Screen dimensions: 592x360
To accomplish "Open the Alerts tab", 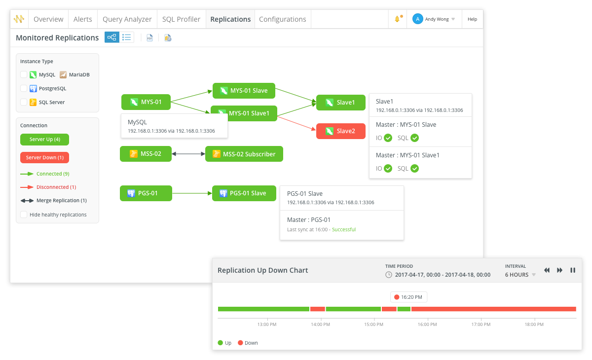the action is (83, 19).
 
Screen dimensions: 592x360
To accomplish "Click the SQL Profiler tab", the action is (182, 19).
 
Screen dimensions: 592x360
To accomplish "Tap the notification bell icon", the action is (397, 19).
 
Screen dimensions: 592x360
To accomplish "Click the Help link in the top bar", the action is (472, 19).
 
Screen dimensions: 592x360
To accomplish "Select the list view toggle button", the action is (127, 37).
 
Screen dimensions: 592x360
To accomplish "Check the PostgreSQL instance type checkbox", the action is (24, 88).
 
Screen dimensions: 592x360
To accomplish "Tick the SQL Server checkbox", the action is (24, 102).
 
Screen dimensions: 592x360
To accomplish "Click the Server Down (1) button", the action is (45, 157).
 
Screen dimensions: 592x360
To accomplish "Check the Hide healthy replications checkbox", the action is (24, 215).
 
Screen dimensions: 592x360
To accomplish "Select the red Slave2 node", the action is (341, 131).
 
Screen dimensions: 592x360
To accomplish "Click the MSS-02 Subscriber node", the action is (244, 154).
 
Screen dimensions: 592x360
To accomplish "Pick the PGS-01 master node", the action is (146, 193).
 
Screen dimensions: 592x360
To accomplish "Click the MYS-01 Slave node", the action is (244, 91).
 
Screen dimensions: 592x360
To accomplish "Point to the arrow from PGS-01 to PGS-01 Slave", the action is (192, 193).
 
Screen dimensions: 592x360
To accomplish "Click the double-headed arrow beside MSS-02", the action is (188, 154).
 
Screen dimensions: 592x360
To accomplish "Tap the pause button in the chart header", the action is (573, 270).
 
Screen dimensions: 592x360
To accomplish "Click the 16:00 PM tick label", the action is (427, 324).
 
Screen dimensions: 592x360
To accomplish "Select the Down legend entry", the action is (248, 343).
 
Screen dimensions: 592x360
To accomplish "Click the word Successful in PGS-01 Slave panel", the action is (344, 229).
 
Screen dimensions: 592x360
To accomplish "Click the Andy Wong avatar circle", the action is (417, 19).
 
